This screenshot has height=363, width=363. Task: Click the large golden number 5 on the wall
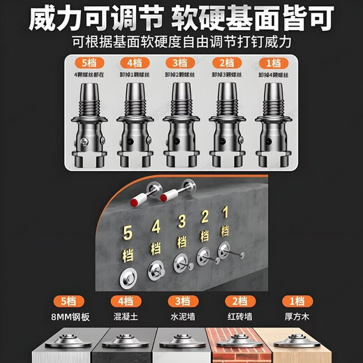click(x=127, y=232)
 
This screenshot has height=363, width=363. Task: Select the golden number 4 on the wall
click(x=156, y=226)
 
